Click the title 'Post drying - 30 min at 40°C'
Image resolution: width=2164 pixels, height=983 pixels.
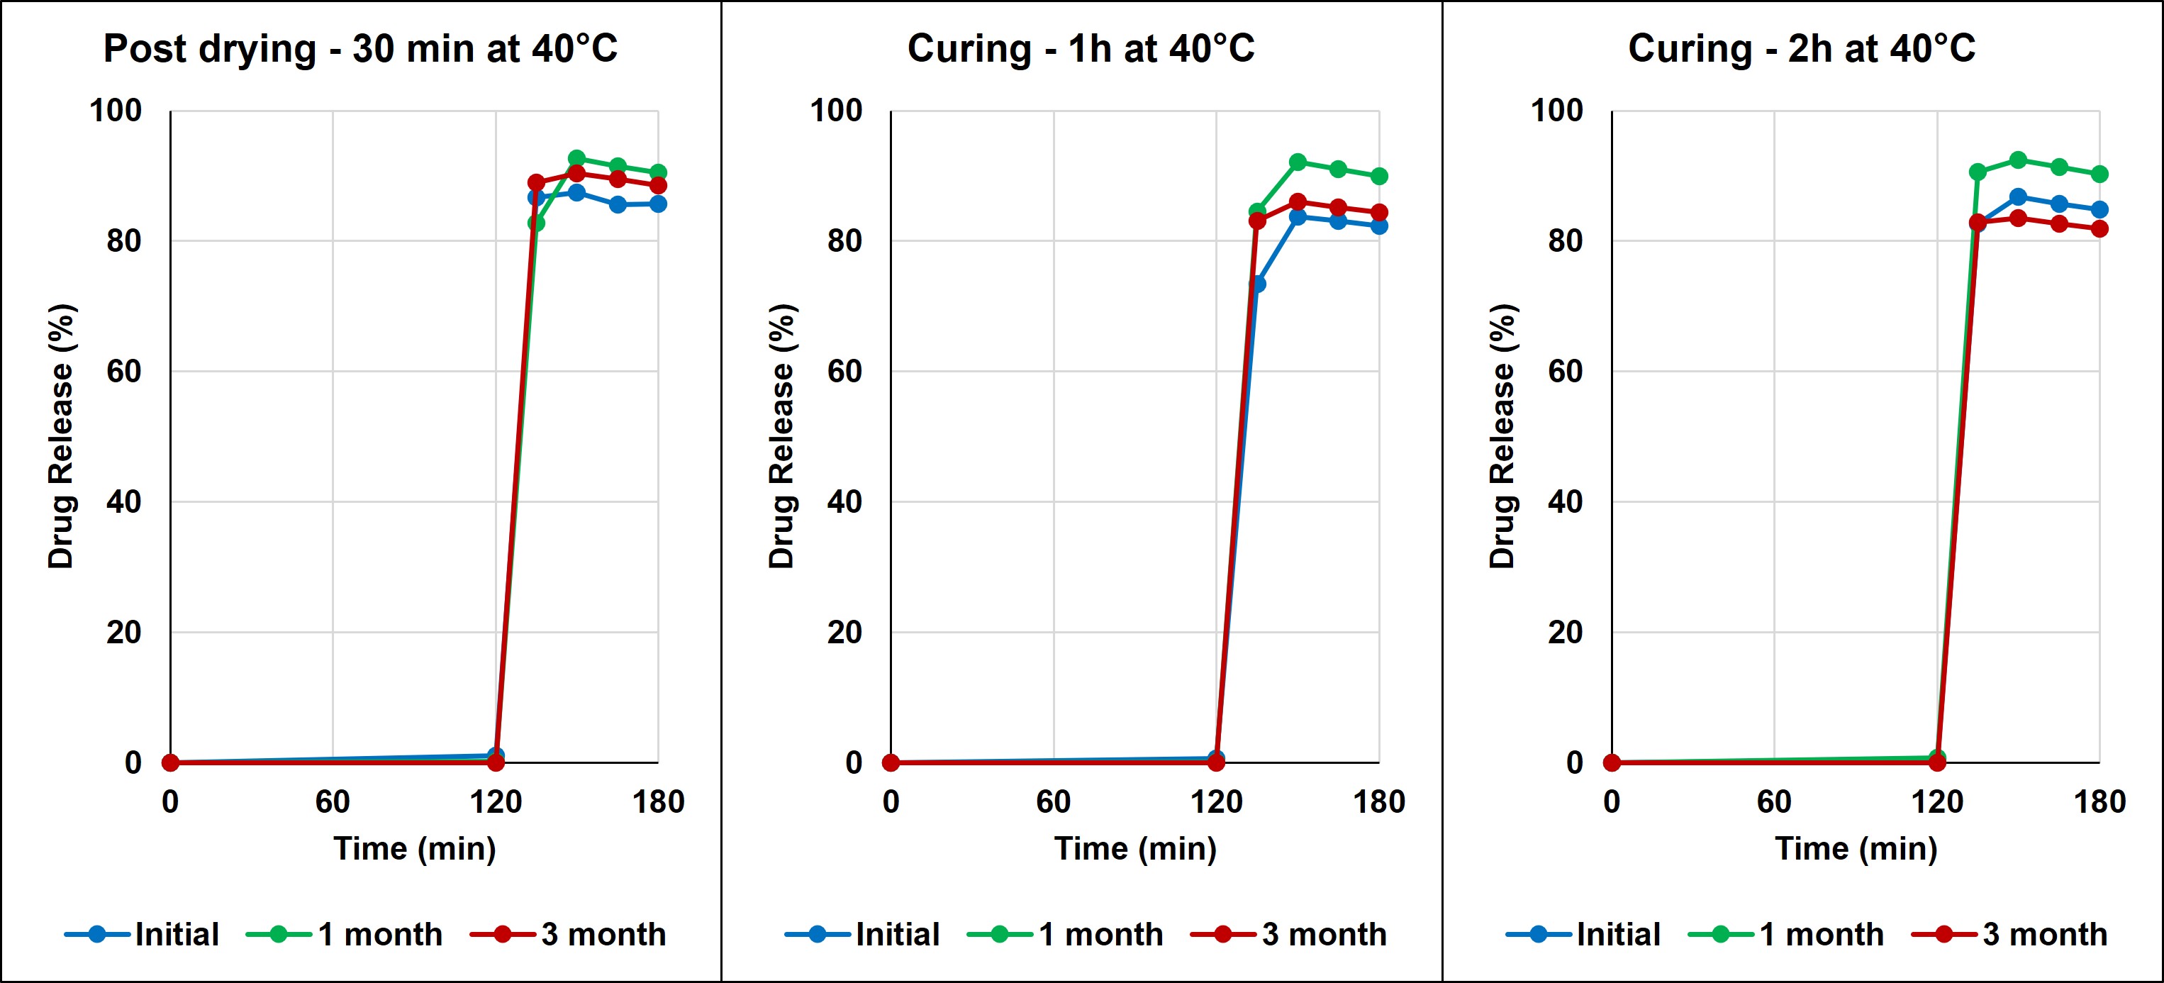(x=359, y=49)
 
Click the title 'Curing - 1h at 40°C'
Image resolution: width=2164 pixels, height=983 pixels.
(x=1081, y=49)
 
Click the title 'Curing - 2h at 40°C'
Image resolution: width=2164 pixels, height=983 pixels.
(x=1801, y=49)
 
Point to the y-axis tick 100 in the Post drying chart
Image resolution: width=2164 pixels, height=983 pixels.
(x=116, y=110)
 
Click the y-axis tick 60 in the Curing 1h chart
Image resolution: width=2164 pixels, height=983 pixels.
(x=844, y=372)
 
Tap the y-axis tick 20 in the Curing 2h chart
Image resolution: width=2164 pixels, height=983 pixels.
(x=1565, y=632)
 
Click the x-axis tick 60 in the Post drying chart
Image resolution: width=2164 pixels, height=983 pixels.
(x=333, y=802)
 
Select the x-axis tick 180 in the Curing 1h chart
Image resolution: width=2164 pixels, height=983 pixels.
(x=1378, y=802)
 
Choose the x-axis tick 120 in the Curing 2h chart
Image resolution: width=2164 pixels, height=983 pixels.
(x=1937, y=802)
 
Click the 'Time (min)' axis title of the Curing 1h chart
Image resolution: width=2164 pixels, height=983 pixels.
(x=1135, y=848)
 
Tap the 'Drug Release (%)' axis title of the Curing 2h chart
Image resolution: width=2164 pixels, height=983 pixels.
(x=1503, y=436)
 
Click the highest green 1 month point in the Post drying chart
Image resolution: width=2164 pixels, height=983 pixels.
(x=576, y=159)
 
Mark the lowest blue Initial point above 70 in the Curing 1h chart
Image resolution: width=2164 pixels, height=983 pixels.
(x=1256, y=284)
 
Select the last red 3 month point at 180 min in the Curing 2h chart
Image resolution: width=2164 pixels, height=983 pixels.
(x=2099, y=228)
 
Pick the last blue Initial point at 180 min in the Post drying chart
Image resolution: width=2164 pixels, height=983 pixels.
(x=658, y=204)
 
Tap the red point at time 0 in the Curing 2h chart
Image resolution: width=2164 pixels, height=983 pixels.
(x=1611, y=763)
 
